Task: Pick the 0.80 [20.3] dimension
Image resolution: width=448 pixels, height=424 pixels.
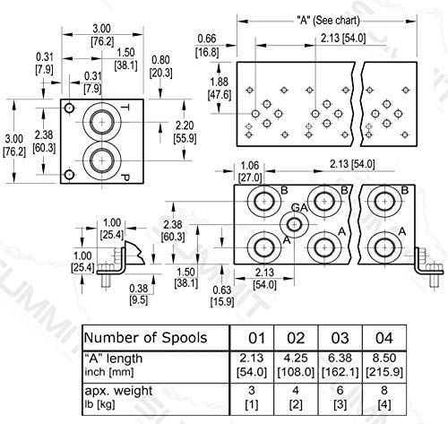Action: (x=161, y=67)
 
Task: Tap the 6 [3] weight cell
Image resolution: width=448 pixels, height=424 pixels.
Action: (x=340, y=397)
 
